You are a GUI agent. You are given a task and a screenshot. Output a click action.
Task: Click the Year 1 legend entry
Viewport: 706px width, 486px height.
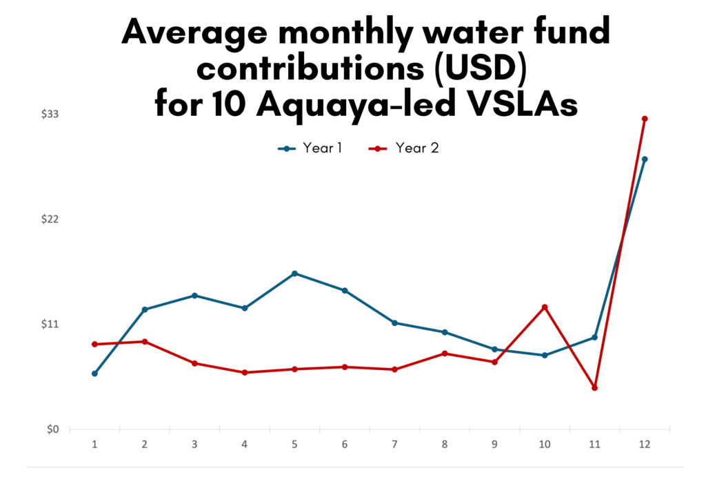click(x=310, y=148)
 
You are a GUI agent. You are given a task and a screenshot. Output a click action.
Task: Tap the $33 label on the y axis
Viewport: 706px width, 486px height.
click(x=50, y=114)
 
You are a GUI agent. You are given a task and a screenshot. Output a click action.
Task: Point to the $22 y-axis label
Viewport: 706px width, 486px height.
click(x=50, y=220)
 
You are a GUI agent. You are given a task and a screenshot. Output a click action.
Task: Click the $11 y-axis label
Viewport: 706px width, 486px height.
click(x=50, y=324)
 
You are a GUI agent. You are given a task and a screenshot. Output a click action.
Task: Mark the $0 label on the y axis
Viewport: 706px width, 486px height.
click(x=52, y=429)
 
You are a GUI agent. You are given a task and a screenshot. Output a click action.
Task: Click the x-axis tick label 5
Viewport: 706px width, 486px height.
click(x=294, y=445)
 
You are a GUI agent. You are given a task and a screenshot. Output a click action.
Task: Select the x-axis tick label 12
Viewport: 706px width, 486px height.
click(x=645, y=445)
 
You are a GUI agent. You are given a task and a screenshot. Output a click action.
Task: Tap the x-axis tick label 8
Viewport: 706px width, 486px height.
click(x=445, y=445)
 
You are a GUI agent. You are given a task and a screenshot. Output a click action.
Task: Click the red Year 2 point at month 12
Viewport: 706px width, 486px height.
click(x=645, y=119)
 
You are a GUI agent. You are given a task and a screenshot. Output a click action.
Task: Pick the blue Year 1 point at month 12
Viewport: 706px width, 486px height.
click(x=645, y=159)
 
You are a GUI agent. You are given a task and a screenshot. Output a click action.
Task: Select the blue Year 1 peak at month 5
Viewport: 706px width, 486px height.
click(x=294, y=273)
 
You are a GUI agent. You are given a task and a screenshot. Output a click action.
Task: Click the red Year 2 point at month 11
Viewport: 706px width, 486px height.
click(x=594, y=388)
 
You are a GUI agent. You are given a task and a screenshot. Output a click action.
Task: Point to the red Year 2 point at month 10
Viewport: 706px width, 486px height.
click(x=545, y=307)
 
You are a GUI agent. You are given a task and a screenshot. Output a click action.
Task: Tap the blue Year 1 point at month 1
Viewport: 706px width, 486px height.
click(x=94, y=373)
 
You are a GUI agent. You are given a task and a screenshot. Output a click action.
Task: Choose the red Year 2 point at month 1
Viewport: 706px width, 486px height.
click(x=94, y=344)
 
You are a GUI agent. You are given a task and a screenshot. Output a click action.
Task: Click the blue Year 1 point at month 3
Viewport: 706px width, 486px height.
click(x=194, y=295)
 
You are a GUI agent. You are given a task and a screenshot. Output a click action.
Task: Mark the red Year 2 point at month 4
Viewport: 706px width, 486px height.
click(x=245, y=373)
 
